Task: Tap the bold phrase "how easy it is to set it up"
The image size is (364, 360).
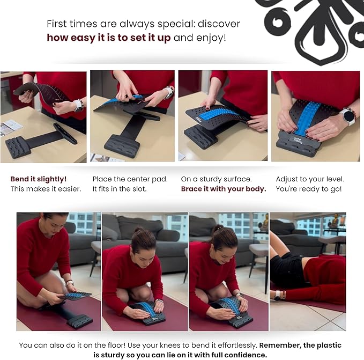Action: (109, 38)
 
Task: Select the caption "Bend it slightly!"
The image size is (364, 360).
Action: (39, 179)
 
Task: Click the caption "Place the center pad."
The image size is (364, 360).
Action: (130, 179)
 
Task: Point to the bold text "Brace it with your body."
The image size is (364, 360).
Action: (224, 189)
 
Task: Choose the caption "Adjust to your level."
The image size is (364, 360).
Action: (310, 179)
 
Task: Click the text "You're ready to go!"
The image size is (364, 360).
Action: (309, 189)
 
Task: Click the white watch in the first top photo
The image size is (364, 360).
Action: (78, 106)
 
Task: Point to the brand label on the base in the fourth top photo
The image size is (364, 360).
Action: (298, 140)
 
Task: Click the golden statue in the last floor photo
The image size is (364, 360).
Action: (334, 221)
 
